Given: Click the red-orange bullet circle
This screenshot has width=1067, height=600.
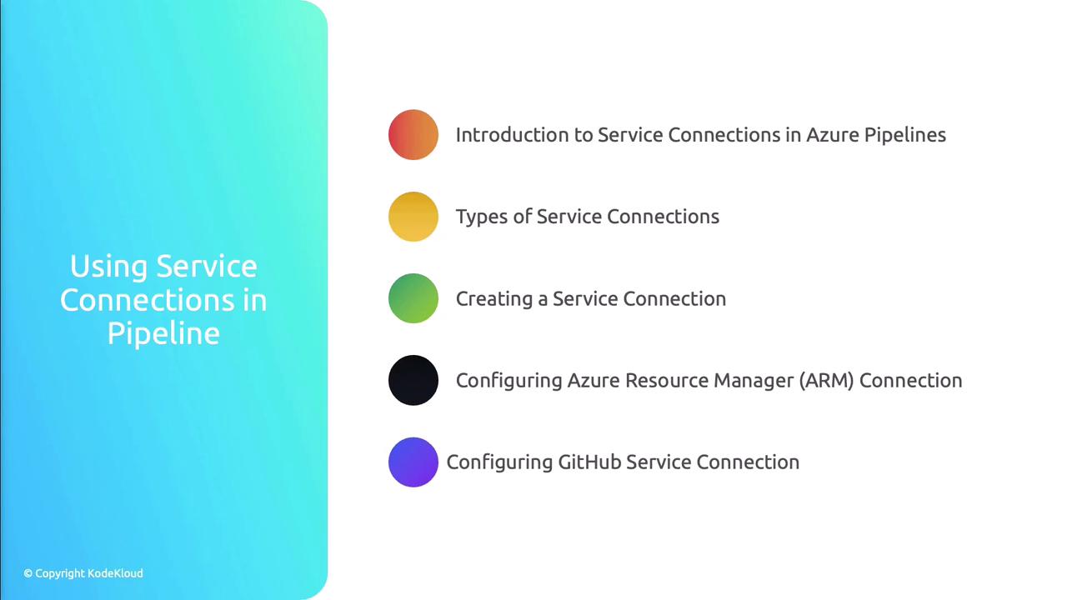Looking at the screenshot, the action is coord(413,135).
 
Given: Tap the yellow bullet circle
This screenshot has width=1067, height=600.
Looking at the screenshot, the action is coord(413,217).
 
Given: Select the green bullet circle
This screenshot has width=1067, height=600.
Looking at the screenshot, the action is coord(413,298).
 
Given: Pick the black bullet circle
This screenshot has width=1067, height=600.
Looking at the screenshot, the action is coord(413,380).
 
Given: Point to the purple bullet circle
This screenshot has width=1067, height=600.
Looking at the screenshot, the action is coord(413,462).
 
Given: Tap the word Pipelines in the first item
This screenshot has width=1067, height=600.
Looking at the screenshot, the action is coord(905,136).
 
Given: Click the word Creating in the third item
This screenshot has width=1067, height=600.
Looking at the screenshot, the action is coord(494,299).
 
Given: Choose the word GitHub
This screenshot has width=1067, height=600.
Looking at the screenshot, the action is coord(589,462).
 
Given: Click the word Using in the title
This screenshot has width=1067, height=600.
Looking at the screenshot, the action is coord(108,267).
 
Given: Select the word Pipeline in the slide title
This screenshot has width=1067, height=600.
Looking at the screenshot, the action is coord(163,332).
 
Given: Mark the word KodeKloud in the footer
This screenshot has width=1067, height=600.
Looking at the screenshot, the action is coord(115,573).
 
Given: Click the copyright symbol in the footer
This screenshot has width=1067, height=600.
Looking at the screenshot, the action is coord(28,573).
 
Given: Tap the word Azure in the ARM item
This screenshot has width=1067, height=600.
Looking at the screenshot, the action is coord(594,381).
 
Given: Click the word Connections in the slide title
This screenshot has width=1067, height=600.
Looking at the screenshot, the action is coord(148,300).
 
